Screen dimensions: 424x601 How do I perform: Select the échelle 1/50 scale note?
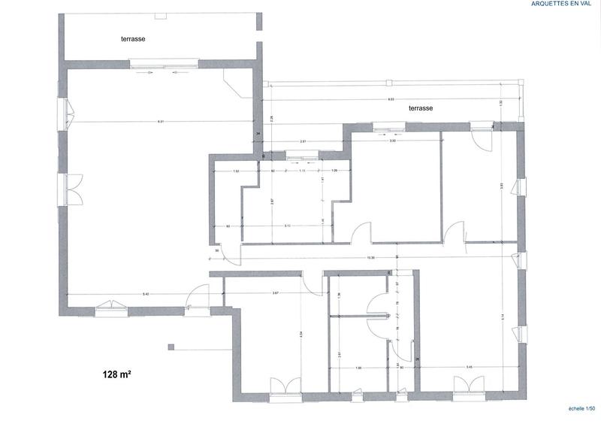pos(578,407)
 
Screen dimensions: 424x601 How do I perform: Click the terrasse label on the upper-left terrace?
pos(134,38)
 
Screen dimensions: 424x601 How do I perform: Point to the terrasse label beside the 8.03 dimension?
pos(421,108)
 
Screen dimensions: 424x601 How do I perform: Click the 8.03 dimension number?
pos(391,99)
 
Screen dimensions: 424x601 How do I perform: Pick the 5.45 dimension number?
pos(470,368)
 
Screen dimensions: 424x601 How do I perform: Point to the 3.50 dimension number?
pos(392,141)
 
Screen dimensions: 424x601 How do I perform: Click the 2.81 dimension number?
pos(303,141)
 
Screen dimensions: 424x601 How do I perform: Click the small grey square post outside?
pos(171,347)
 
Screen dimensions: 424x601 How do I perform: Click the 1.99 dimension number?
pos(359,368)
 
